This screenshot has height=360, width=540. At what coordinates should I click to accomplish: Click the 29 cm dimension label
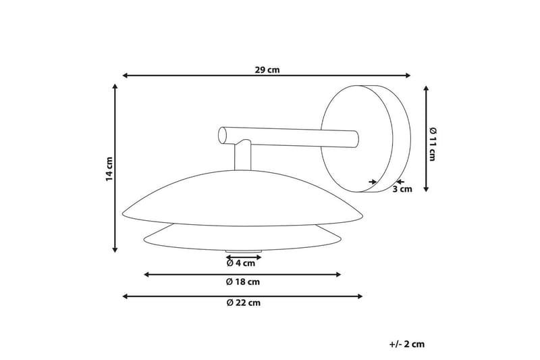click(267, 70)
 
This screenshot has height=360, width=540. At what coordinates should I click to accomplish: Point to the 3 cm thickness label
click(402, 189)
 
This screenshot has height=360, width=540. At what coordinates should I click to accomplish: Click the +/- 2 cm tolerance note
click(408, 344)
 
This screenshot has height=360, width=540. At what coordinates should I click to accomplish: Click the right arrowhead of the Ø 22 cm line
click(360, 296)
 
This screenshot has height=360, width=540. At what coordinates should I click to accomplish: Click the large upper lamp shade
click(243, 199)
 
